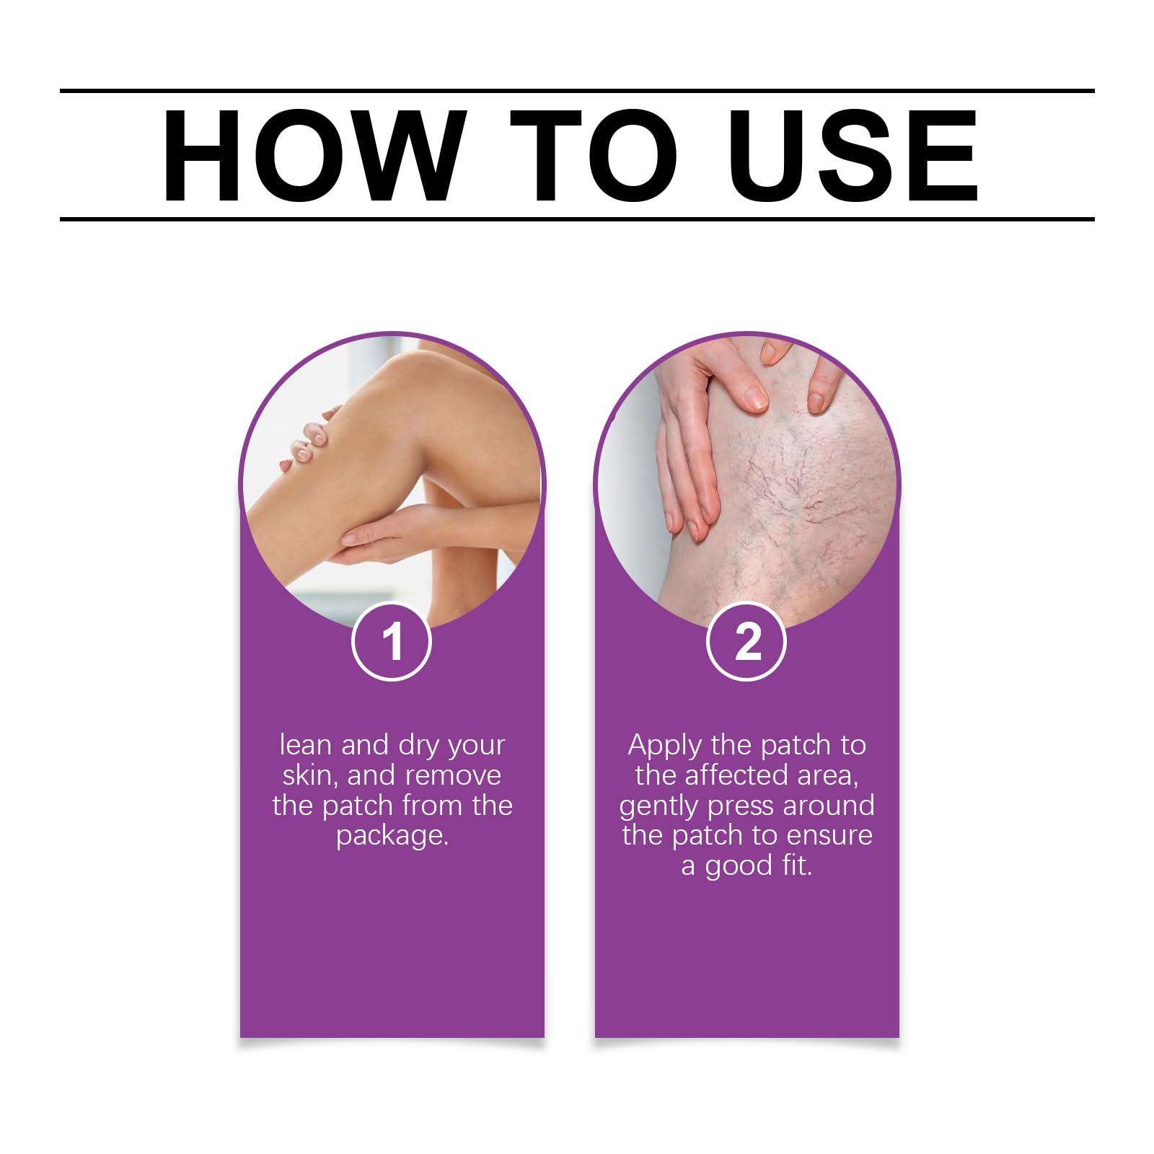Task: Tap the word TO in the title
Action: (594, 155)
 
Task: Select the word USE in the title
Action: (853, 155)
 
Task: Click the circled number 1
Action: (392, 641)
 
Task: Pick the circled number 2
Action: (746, 641)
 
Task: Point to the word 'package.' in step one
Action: (392, 837)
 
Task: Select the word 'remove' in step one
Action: (454, 776)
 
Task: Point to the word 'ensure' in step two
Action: (829, 836)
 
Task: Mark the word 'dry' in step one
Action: (419, 746)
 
